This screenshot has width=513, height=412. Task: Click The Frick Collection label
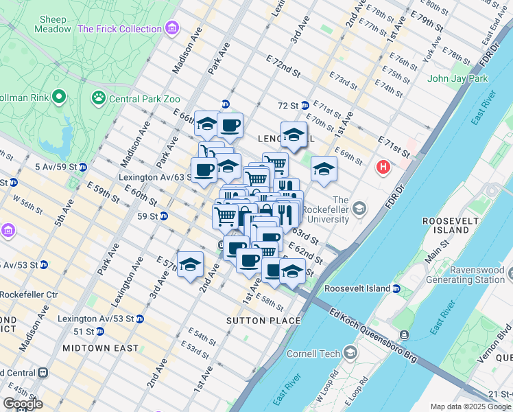(120, 29)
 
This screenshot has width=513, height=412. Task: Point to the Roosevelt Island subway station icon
(396, 289)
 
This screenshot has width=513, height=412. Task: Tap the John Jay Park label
(457, 78)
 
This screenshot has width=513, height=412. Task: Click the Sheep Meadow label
(53, 24)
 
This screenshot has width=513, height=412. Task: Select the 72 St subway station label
(289, 106)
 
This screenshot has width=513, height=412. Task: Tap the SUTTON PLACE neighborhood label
(264, 321)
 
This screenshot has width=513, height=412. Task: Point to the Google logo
(23, 404)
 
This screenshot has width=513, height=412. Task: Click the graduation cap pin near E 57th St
(190, 264)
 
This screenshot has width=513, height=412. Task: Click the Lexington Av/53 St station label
(95, 319)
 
